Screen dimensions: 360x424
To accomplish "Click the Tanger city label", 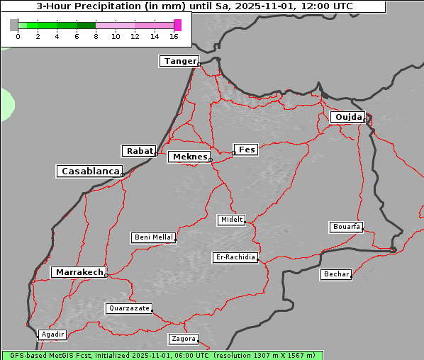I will [179, 61].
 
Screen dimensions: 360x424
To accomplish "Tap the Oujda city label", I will [347, 117].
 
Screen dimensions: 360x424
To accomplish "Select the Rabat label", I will [139, 151].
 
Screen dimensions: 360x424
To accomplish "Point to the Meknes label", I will [189, 157].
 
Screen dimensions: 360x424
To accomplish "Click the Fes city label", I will [246, 150].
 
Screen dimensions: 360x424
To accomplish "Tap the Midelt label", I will [231, 220].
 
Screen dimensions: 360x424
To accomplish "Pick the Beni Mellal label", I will [153, 237].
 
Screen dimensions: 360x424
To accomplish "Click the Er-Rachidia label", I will [235, 257].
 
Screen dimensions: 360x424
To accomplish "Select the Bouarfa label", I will [346, 227].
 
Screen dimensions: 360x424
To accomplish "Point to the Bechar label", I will [335, 274].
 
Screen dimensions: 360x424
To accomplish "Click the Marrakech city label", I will [78, 272].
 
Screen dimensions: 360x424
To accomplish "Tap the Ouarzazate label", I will [128, 308].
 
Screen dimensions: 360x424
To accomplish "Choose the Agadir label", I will [52, 334].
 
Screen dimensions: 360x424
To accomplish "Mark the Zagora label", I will [183, 339].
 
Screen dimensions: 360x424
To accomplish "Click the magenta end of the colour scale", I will [177, 25].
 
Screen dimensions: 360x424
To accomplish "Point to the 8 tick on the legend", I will [96, 36].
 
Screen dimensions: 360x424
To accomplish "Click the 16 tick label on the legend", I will [174, 36].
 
